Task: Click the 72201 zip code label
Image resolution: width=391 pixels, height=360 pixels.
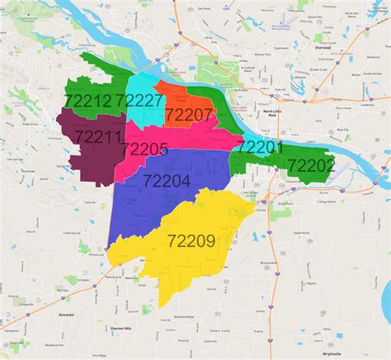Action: [261, 147]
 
